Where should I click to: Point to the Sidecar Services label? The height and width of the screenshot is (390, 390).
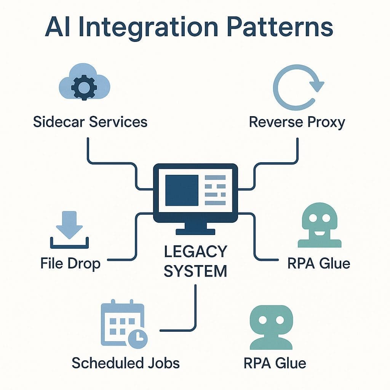pos(90,122)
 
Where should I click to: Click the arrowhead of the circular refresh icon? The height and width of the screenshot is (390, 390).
pos(315,84)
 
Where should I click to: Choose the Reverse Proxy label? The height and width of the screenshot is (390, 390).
pos(297,122)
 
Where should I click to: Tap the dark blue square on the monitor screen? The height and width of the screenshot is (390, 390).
pos(182,190)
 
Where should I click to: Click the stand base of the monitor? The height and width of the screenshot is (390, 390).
pos(195,231)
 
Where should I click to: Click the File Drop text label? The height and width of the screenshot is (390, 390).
pos(70,263)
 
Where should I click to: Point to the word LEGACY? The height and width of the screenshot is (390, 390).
pos(195,252)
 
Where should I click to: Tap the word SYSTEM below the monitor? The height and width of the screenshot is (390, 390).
pos(195,271)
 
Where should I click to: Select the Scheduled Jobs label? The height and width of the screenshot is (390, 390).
pos(126,363)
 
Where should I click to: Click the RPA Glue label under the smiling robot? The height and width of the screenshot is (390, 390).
pos(319,263)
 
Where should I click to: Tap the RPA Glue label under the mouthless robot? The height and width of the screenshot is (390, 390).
pos(274,363)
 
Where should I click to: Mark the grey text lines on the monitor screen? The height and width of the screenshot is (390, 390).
pos(215,189)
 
